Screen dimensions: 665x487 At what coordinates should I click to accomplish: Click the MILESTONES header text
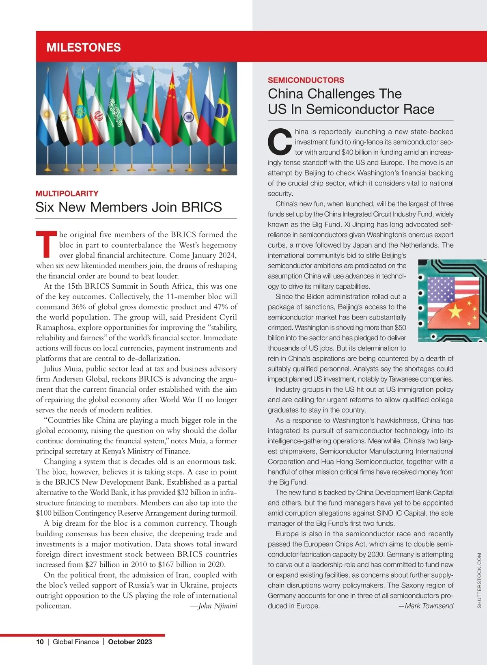[84, 47]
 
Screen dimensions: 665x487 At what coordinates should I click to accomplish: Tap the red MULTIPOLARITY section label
[67, 193]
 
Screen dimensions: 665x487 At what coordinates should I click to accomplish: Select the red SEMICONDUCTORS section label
[306, 80]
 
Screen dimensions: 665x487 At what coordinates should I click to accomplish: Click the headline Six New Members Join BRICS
[129, 207]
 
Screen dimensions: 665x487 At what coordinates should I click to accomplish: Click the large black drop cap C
[280, 142]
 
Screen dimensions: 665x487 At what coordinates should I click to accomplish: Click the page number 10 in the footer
[40, 642]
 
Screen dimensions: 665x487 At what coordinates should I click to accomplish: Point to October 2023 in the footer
[130, 642]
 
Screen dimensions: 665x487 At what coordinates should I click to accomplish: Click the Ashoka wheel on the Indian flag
[188, 118]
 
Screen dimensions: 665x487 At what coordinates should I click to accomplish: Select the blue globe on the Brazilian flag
[222, 110]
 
